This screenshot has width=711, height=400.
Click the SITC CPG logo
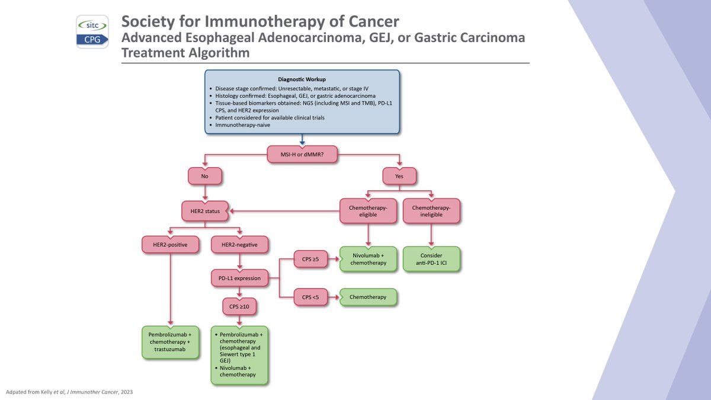[92, 31]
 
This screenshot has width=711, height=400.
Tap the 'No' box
[204, 176]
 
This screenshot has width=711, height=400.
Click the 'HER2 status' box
[204, 210]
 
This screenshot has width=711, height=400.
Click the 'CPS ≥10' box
[239, 307]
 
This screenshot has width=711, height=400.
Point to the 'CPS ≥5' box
[310, 259]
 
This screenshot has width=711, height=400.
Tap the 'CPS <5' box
[310, 297]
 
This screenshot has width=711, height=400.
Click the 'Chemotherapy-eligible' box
[369, 210]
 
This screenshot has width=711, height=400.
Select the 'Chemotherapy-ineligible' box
[431, 210]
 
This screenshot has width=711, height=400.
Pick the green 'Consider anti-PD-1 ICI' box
[431, 259]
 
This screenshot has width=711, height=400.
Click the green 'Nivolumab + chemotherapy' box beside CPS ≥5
[369, 259]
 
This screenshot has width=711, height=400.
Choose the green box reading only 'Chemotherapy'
[369, 297]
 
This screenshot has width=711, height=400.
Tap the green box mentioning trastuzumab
[169, 342]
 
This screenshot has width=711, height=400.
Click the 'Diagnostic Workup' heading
[302, 79]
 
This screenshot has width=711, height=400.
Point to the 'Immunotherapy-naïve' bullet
[243, 126]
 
